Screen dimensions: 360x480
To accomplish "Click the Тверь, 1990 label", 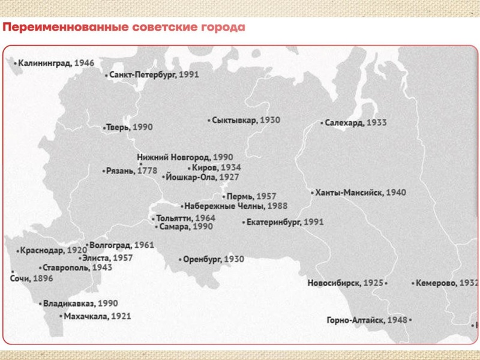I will (x=130, y=127).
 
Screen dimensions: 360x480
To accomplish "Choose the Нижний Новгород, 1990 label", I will (x=185, y=157).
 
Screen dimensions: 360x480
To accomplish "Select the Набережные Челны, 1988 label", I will (x=228, y=206).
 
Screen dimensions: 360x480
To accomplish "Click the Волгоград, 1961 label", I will (x=121, y=245).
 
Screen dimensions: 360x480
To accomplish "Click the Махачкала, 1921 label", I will (x=97, y=316).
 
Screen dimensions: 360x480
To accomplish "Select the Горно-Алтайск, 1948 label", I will (x=367, y=320).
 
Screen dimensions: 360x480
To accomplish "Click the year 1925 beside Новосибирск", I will (x=373, y=283).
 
